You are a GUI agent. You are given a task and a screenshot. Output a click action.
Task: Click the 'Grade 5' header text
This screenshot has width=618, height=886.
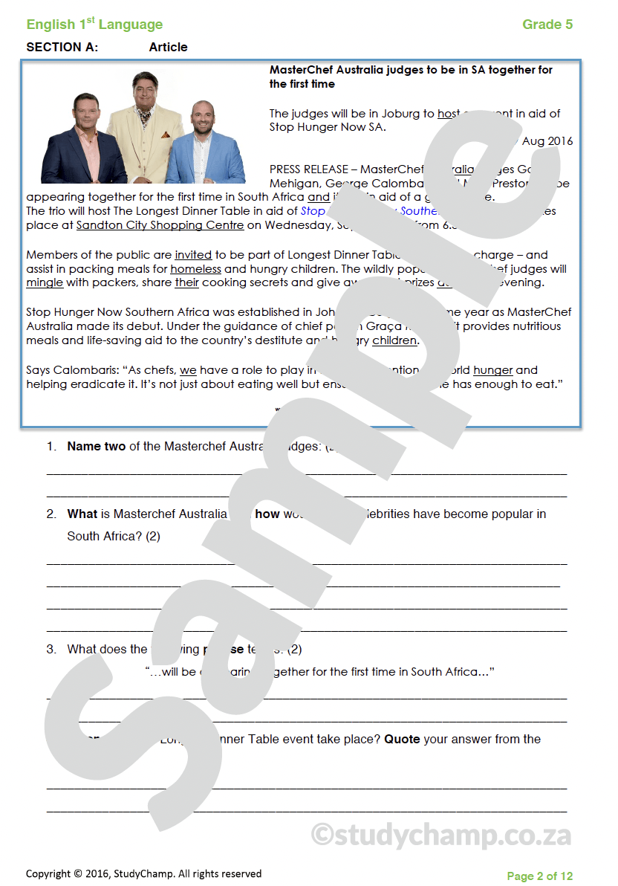(x=547, y=25)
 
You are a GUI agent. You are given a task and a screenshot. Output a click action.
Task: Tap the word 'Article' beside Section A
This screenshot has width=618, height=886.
(x=168, y=47)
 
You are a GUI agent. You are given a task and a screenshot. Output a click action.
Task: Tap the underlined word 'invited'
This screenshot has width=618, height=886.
(x=193, y=255)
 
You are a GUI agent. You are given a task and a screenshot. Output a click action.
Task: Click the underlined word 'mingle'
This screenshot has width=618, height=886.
(x=45, y=283)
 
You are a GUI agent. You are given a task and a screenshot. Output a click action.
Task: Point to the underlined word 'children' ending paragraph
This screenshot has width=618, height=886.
(x=394, y=341)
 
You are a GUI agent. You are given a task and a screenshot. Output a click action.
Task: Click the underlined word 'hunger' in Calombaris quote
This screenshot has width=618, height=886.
(x=492, y=370)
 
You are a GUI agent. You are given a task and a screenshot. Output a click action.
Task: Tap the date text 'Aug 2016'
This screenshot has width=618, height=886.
(x=547, y=141)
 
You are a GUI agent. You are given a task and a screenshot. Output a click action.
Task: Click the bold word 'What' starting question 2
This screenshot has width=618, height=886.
(x=82, y=514)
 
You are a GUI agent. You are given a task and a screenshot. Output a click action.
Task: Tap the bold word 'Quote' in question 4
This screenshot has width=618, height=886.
(x=402, y=740)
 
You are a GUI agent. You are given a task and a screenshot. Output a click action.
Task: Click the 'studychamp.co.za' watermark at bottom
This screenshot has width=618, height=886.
(x=441, y=835)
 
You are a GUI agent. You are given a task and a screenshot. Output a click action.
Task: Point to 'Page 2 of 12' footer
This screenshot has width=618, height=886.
(x=539, y=876)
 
